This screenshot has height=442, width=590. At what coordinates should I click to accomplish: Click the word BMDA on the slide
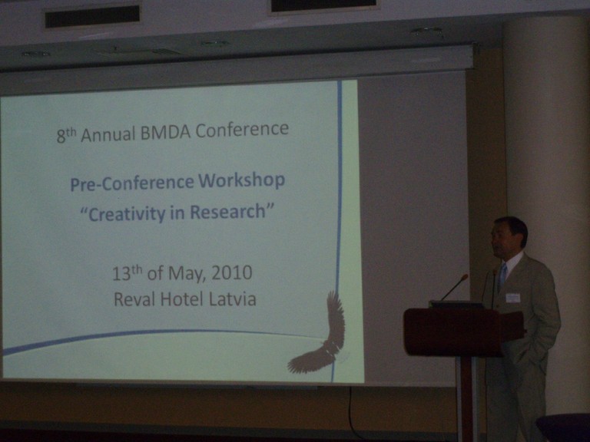point(166,131)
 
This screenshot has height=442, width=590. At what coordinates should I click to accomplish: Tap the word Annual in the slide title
point(108,134)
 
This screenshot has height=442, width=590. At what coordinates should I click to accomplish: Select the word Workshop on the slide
point(241,181)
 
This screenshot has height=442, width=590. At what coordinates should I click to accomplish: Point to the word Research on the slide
point(227,212)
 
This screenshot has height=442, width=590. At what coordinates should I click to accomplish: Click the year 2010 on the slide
point(232,272)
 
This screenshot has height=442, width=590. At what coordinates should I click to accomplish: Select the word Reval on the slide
point(135,299)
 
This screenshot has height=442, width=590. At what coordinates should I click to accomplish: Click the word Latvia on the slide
point(233,299)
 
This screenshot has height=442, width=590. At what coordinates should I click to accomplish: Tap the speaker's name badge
point(513,298)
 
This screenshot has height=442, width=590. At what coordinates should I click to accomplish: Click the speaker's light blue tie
point(502,276)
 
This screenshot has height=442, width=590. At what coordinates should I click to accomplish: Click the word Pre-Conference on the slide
point(132,183)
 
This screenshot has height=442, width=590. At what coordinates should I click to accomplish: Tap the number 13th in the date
point(128,273)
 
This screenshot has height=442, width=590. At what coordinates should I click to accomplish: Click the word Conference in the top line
point(242,130)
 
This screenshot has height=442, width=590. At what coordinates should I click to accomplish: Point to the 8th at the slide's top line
point(67,135)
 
